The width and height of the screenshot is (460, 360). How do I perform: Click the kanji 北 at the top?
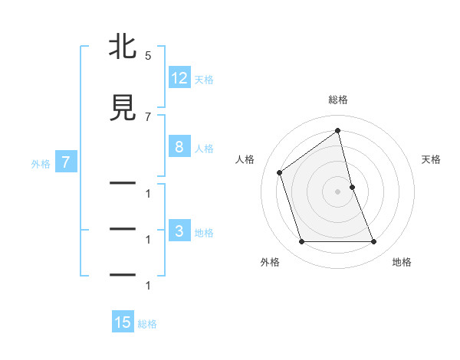pyautogui.click(x=123, y=48)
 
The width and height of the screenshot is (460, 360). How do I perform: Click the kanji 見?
pyautogui.click(x=123, y=107)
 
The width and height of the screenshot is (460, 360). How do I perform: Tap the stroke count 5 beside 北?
pyautogui.click(x=148, y=56)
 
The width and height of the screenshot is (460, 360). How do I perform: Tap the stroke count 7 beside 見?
pyautogui.click(x=148, y=116)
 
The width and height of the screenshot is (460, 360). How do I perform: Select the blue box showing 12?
pyautogui.click(x=179, y=78)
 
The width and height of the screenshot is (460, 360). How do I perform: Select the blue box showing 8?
pyautogui.click(x=179, y=147)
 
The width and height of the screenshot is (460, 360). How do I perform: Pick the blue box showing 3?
pyautogui.click(x=179, y=231)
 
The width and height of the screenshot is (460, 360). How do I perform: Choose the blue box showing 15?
pyautogui.click(x=123, y=322)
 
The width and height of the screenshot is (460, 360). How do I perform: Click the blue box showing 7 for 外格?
pyautogui.click(x=66, y=162)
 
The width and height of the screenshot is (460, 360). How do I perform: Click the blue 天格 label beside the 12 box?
pyautogui.click(x=204, y=79)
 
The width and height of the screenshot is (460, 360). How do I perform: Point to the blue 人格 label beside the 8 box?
pyautogui.click(x=204, y=148)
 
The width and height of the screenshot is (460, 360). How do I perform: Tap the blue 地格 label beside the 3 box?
pyautogui.click(x=204, y=232)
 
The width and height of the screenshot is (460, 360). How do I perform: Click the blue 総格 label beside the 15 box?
pyautogui.click(x=147, y=323)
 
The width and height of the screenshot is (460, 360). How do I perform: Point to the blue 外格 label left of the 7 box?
pyautogui.click(x=41, y=163)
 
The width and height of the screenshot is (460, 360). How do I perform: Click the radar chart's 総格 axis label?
pyautogui.click(x=338, y=100)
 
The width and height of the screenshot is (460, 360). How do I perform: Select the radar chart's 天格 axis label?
pyautogui.click(x=432, y=159)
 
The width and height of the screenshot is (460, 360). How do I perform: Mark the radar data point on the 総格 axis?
pyautogui.click(x=338, y=130)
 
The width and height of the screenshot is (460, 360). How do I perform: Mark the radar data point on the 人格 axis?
pyautogui.click(x=280, y=172)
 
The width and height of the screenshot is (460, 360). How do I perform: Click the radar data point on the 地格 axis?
pyautogui.click(x=374, y=242)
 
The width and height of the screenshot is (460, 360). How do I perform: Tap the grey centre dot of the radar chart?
pyautogui.click(x=338, y=191)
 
